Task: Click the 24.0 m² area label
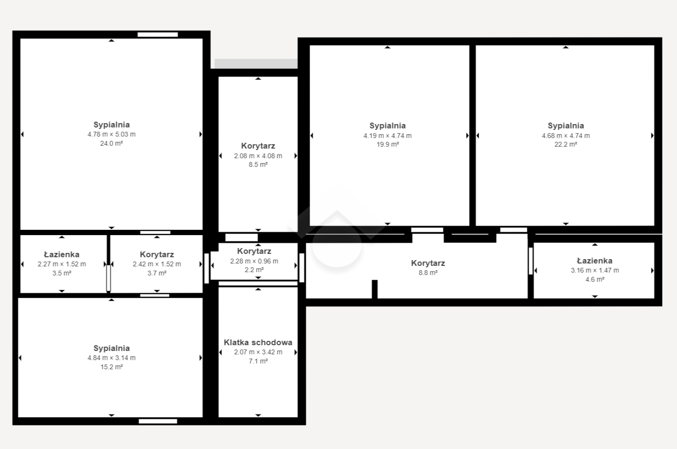[112, 143]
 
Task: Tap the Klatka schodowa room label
[258, 342]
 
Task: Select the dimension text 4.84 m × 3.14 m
[112, 358]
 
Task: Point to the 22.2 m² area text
[566, 144]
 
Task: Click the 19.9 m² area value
[388, 144]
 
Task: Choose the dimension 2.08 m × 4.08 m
[258, 156]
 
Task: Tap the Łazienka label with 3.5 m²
[62, 254]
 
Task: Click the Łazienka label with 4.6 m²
[595, 261]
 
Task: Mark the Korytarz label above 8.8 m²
[428, 263]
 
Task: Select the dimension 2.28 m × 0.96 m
[254, 261]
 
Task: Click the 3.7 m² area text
[157, 273]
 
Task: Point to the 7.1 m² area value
[258, 361]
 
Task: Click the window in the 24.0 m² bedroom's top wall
[158, 35]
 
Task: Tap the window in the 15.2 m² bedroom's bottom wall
[158, 421]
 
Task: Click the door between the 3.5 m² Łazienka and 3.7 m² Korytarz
[108, 278]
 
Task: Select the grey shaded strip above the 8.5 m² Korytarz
[256, 63]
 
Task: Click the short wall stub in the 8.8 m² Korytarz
[375, 289]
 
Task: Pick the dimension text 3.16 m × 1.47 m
[595, 270]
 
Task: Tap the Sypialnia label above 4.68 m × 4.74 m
[566, 125]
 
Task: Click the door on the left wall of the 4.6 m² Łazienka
[531, 261]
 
